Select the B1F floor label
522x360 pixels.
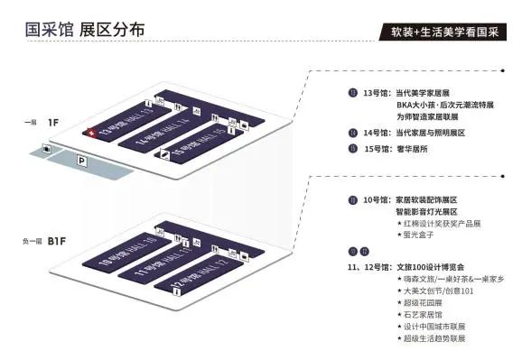point(57,242)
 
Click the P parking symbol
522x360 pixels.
point(82,161)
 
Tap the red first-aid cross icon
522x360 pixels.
point(89,133)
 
